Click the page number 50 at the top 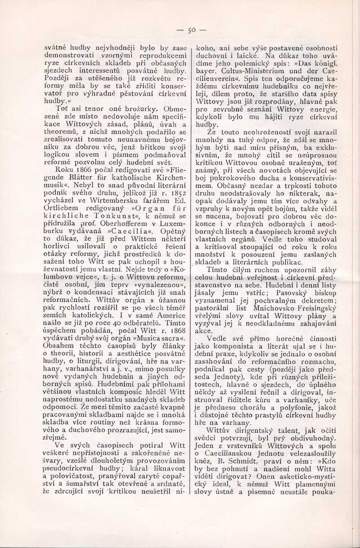pos(191,31)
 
